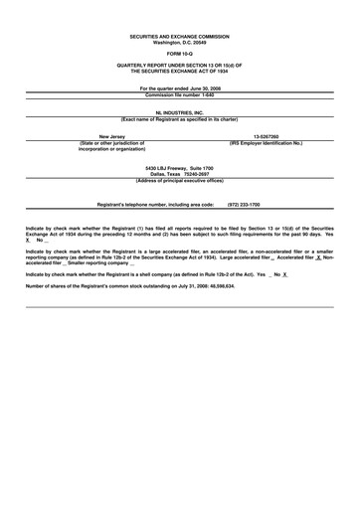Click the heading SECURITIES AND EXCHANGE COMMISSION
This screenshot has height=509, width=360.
[180, 36]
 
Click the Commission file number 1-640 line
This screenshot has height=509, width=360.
[180, 94]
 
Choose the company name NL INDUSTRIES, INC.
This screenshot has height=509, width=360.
[180, 114]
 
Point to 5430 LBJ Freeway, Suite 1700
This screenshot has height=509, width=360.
[180, 168]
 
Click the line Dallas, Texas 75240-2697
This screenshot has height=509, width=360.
[180, 174]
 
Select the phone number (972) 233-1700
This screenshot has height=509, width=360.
[245, 204]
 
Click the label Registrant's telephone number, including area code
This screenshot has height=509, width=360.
[155, 204]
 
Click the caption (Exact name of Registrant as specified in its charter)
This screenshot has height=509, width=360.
[180, 120]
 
